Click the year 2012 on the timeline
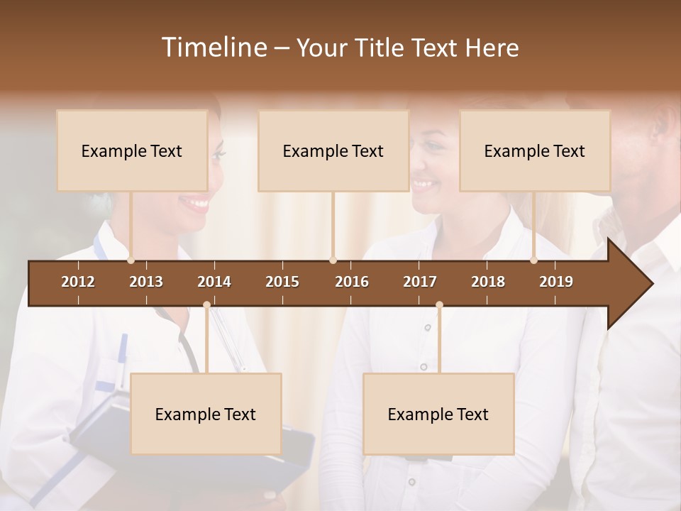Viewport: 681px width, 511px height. [x=78, y=282]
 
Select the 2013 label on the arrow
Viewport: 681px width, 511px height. [x=146, y=282]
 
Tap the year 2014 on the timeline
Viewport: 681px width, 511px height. [x=214, y=282]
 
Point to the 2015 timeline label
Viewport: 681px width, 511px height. [x=282, y=282]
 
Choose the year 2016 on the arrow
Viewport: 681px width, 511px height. [x=352, y=282]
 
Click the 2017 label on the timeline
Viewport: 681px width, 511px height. [x=420, y=282]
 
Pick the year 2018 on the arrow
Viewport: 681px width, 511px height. [x=488, y=282]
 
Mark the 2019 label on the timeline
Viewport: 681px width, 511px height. [x=556, y=282]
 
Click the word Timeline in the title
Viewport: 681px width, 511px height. [x=213, y=48]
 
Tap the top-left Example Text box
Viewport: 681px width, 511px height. [x=132, y=150]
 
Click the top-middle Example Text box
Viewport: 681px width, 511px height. [x=333, y=150]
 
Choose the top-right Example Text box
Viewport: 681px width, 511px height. [x=535, y=150]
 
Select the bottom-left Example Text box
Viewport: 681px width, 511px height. [x=206, y=414]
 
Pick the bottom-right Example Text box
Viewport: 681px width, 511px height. [x=438, y=414]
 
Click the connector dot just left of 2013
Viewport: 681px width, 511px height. [x=131, y=260]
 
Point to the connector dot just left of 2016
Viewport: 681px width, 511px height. [x=333, y=260]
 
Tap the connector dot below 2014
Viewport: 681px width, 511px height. [x=206, y=305]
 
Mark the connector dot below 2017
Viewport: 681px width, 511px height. [x=439, y=305]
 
